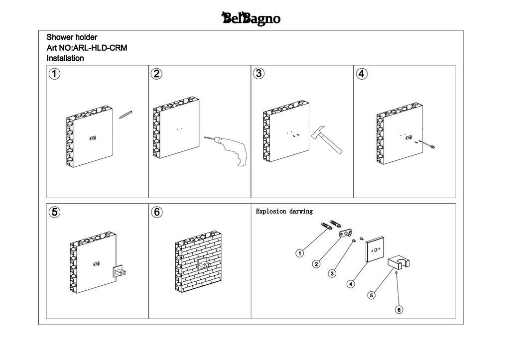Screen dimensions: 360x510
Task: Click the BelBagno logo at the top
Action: coord(251,19)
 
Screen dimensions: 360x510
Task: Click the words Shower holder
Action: coord(72,37)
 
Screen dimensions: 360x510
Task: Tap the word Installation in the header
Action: coord(65,58)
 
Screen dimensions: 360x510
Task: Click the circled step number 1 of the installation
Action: coord(54,74)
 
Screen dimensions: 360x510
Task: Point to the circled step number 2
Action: coord(156,74)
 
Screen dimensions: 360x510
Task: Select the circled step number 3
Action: coord(258,73)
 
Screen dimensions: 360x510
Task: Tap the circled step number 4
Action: coord(362,74)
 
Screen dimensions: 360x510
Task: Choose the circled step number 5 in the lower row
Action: coord(54,212)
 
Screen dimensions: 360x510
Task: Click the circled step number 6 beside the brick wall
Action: coord(156,212)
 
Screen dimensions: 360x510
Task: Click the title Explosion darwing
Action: coord(284,211)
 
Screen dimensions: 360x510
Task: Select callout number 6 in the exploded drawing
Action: coord(399,310)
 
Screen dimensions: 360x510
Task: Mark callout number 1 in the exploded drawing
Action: coord(300,253)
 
